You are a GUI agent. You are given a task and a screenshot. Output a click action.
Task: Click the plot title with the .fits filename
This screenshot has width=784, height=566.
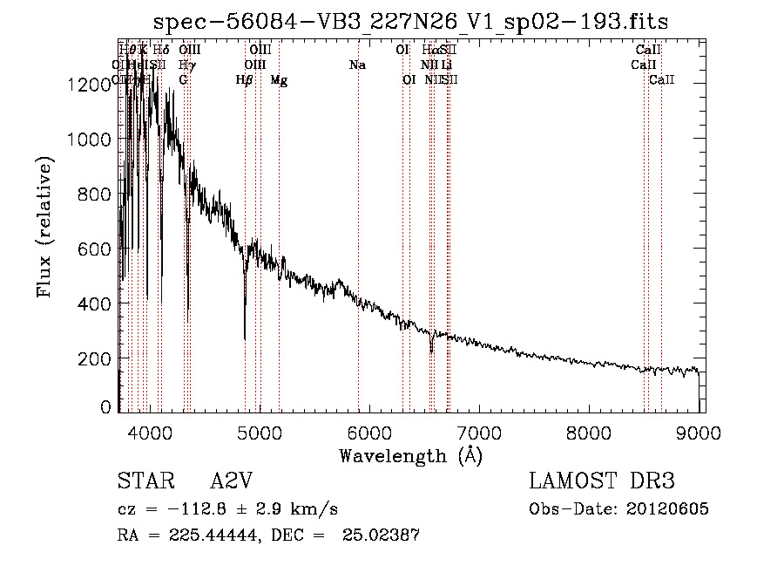(x=411, y=22)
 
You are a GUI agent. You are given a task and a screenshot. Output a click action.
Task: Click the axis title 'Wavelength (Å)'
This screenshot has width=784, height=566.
(x=410, y=454)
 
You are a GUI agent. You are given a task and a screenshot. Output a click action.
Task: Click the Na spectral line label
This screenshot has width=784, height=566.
(x=357, y=65)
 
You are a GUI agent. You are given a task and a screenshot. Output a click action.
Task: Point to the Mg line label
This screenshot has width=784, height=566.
(x=279, y=80)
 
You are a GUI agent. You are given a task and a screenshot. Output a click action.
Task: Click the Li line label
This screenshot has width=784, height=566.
(x=446, y=65)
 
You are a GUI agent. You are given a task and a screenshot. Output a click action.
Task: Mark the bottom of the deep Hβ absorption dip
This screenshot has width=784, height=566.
(x=245, y=338)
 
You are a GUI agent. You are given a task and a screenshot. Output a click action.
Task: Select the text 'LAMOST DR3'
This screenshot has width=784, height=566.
(x=602, y=481)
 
